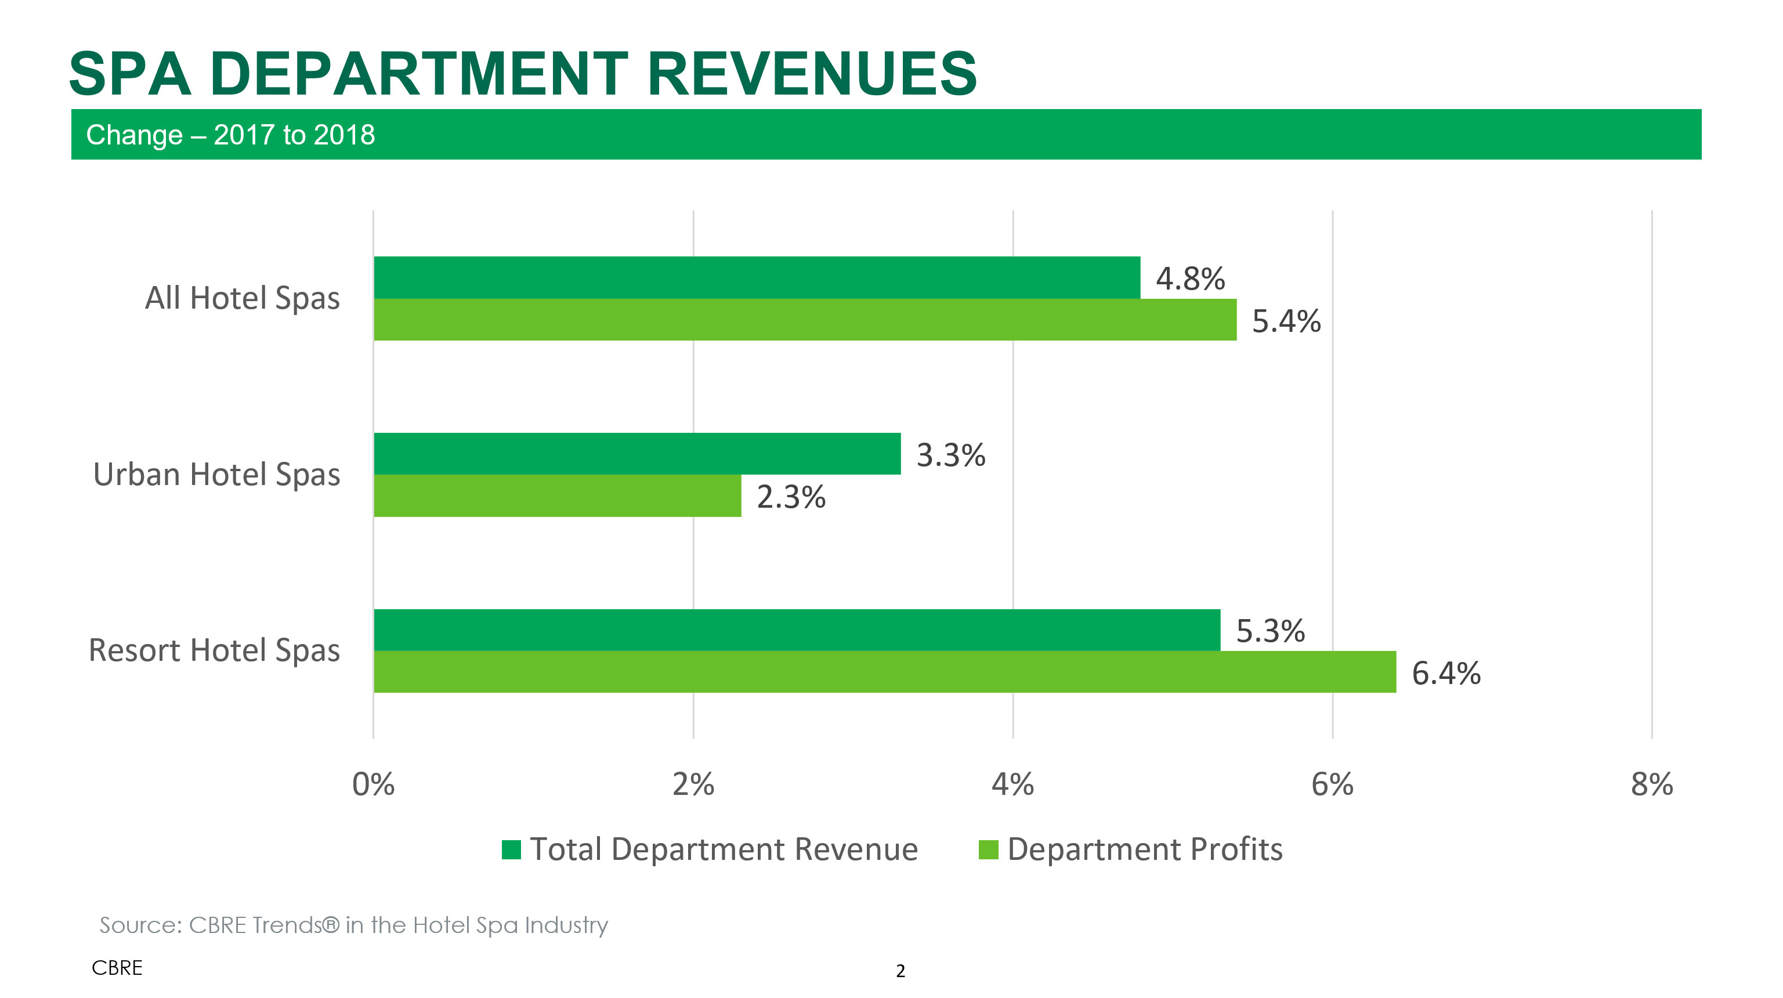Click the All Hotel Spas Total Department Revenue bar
(x=757, y=277)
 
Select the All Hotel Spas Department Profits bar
(x=805, y=320)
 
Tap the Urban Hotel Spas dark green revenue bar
(x=637, y=454)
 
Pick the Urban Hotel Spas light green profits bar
(x=557, y=496)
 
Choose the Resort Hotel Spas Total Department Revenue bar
(x=797, y=630)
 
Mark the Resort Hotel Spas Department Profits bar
(x=885, y=672)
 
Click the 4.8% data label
(x=1190, y=279)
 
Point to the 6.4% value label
(x=1446, y=674)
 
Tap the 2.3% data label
(x=790, y=497)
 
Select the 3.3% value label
(x=950, y=455)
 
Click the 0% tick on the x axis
(x=373, y=784)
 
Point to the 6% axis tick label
(x=1332, y=784)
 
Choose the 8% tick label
(x=1651, y=784)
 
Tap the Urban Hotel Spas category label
(x=216, y=475)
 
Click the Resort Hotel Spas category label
(x=215, y=650)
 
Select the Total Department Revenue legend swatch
(x=511, y=849)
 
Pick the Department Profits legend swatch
(x=988, y=849)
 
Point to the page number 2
(x=900, y=971)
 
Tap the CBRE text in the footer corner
(x=117, y=968)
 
